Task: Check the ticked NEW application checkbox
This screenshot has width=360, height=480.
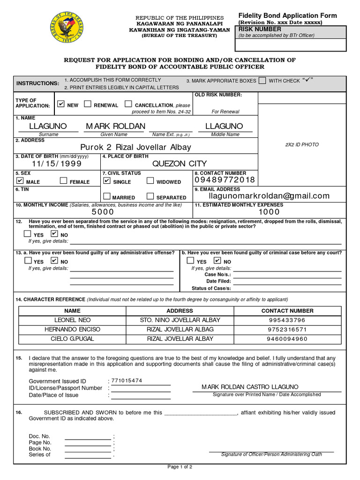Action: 60,104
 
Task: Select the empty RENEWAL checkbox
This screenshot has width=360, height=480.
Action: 87,104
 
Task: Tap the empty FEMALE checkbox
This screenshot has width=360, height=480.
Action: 63,181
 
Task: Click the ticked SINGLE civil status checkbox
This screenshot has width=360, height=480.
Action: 107,181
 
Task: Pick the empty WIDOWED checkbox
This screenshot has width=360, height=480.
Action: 150,181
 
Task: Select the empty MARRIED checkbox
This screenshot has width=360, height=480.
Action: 107,196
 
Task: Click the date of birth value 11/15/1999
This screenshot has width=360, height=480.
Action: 57,164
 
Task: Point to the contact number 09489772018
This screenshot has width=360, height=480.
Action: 225,180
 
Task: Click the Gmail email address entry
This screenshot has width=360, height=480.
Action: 262,196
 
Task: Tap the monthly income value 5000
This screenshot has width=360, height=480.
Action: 103,212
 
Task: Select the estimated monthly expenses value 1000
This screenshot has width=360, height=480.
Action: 269,212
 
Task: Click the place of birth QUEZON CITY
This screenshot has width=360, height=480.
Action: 179,164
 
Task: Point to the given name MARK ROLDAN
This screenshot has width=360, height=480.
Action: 115,126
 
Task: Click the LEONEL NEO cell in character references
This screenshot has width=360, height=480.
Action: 72,320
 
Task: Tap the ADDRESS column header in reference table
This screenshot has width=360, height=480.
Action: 180,311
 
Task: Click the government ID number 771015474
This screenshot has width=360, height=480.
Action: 127,381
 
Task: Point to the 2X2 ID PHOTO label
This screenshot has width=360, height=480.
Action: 302,145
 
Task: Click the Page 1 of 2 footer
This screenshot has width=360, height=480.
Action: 180,467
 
